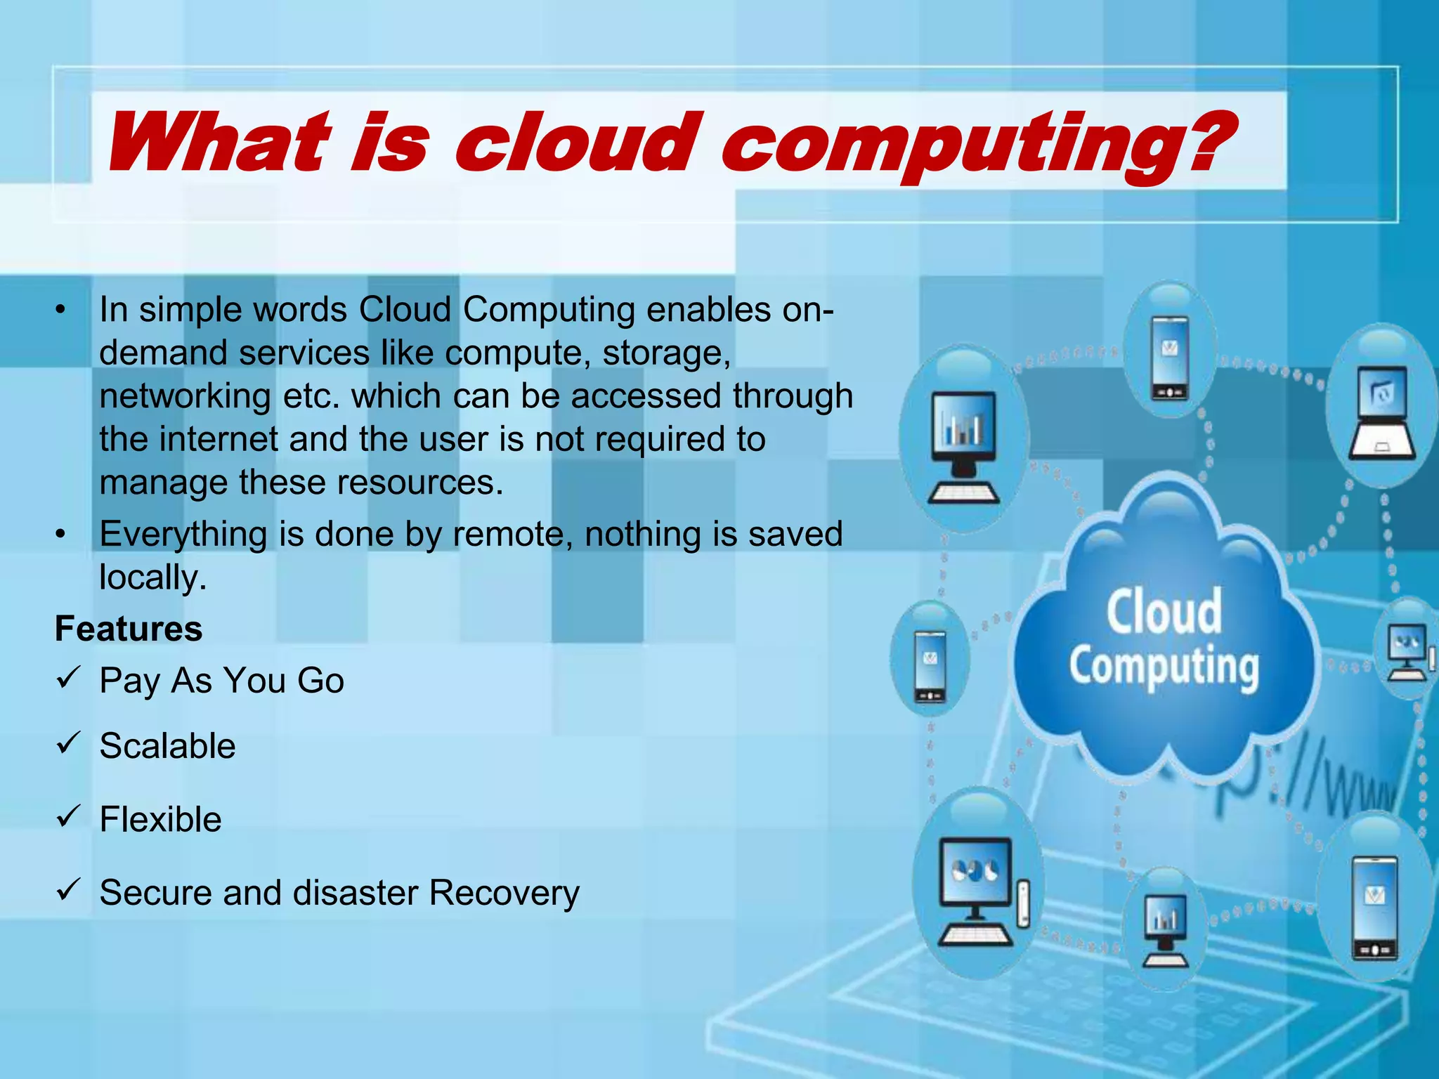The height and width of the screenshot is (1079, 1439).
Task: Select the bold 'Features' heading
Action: click(x=129, y=629)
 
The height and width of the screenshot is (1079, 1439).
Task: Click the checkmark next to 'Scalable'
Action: click(x=69, y=743)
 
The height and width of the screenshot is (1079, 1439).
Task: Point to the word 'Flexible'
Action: click(x=160, y=819)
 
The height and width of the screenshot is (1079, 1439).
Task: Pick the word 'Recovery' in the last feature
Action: click(x=504, y=893)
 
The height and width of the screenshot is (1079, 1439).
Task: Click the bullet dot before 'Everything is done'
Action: click(x=61, y=535)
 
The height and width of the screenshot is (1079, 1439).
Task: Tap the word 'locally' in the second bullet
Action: click(x=152, y=577)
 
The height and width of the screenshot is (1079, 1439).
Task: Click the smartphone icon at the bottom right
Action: click(x=1375, y=907)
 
